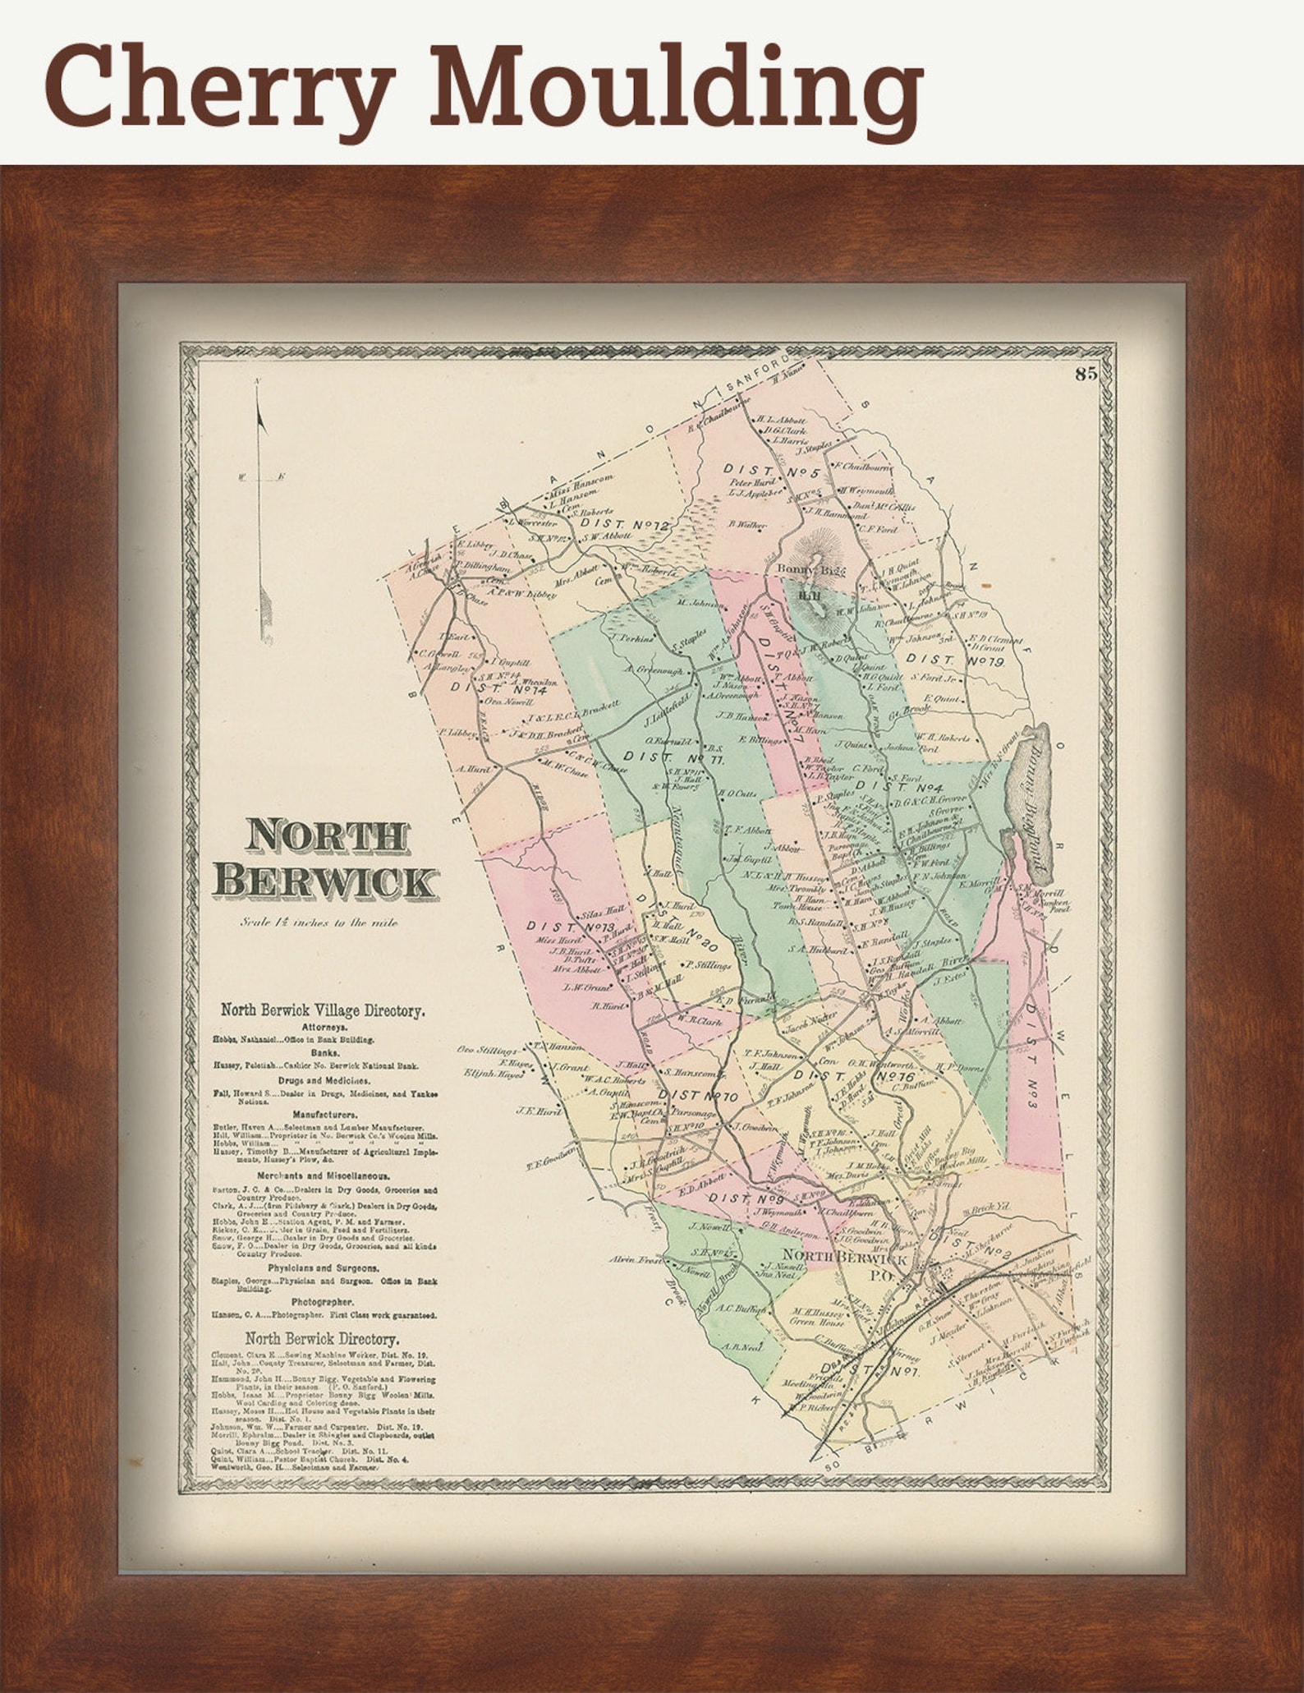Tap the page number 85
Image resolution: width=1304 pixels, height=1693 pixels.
(x=1086, y=374)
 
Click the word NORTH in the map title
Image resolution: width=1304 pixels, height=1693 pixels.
(x=326, y=836)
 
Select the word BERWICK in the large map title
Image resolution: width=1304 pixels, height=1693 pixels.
(x=325, y=881)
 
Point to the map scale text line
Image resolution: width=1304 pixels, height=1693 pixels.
(x=319, y=922)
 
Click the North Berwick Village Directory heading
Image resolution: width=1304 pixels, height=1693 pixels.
(x=322, y=1011)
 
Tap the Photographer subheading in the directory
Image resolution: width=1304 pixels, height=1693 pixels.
(x=322, y=1302)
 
